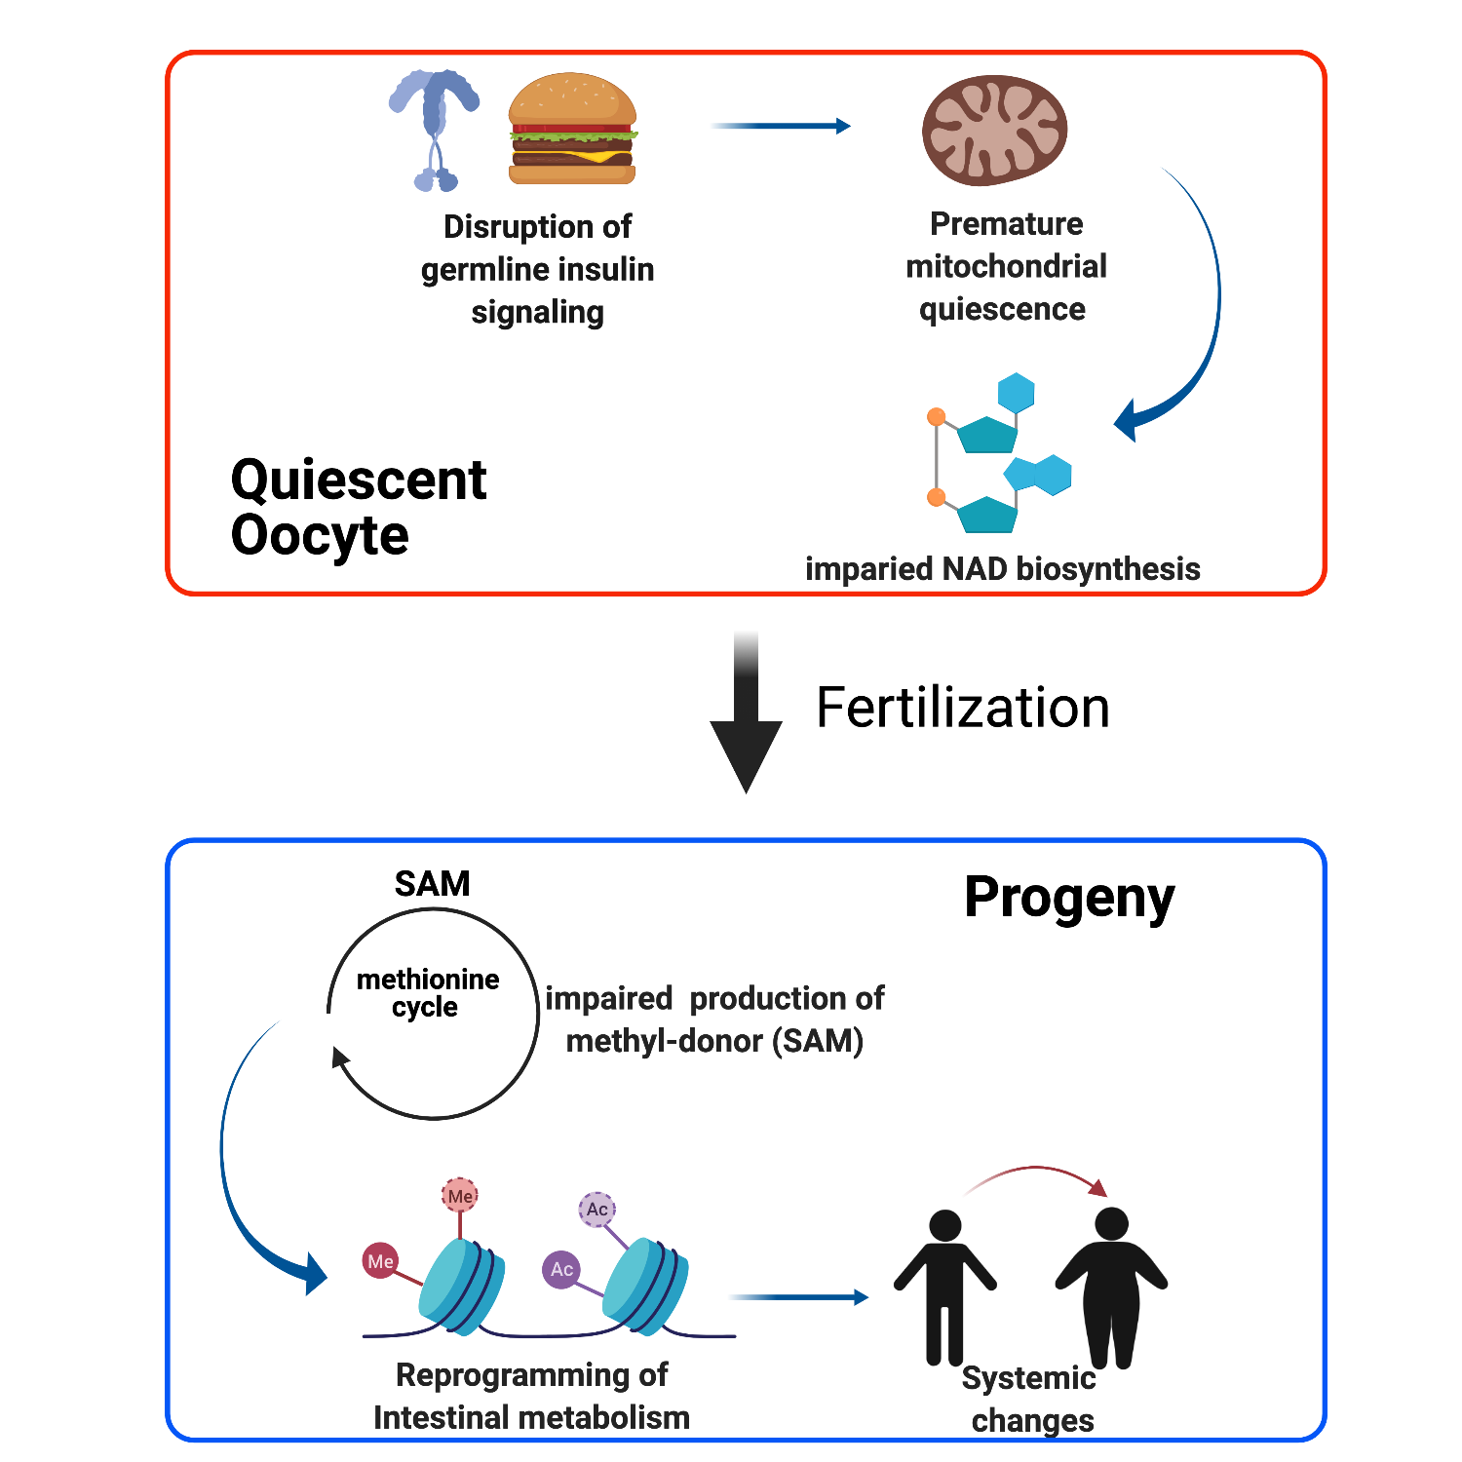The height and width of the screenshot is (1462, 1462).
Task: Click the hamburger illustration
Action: (572, 129)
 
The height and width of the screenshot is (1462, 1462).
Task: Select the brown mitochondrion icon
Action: (994, 131)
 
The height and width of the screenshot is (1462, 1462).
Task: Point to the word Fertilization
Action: (962, 708)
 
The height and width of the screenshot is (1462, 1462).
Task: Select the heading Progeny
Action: (1068, 899)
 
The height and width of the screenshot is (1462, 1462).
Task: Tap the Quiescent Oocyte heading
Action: (358, 507)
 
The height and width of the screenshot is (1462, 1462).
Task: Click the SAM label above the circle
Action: (432, 884)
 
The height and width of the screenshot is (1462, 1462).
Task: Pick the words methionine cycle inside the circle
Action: (427, 992)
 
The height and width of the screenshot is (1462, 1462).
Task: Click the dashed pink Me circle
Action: (460, 1196)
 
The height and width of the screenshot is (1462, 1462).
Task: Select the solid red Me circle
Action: (380, 1261)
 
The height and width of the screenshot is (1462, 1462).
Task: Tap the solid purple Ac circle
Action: (561, 1269)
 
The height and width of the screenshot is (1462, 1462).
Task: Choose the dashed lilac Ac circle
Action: (597, 1210)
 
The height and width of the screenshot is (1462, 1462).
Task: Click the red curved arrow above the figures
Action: (1037, 1173)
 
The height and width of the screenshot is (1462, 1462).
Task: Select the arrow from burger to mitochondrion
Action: (781, 126)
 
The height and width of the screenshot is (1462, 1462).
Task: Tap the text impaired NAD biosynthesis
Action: (1002, 569)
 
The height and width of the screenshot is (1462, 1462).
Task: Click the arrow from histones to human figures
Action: (798, 1297)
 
